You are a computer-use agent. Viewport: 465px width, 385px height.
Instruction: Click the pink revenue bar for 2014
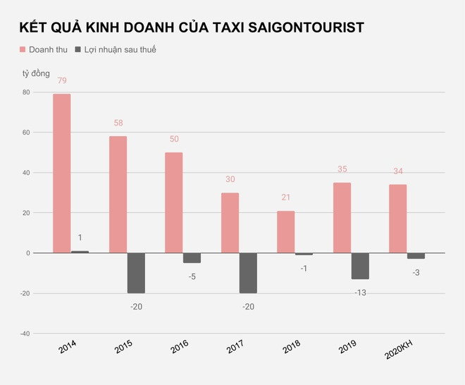(61, 173)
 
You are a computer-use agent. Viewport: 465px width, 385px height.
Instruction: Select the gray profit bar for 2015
(136, 273)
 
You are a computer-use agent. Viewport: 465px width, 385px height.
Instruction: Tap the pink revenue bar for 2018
(285, 232)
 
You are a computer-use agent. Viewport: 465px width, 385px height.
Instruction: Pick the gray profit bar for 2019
(360, 266)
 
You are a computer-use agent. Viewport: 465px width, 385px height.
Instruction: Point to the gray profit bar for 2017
(248, 273)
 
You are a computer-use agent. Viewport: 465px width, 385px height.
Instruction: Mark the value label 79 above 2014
(62, 80)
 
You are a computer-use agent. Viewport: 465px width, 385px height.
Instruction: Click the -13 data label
(360, 292)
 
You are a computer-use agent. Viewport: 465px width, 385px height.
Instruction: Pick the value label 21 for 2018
(285, 197)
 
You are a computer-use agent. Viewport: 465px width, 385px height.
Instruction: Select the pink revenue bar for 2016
(173, 202)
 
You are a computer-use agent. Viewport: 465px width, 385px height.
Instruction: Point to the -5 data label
(192, 276)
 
